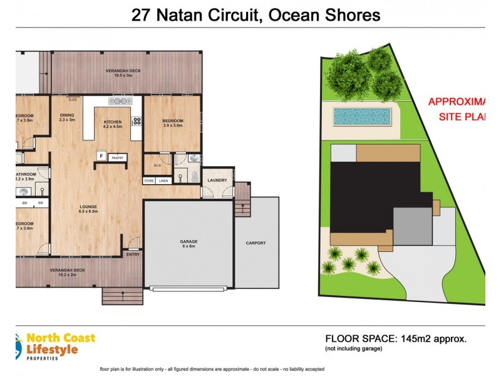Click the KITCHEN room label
click(x=112, y=121)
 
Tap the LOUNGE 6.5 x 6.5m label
click(x=87, y=209)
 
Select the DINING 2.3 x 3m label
click(x=67, y=117)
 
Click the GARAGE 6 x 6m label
click(x=189, y=244)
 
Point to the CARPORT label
click(x=256, y=243)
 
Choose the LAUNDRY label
click(x=217, y=180)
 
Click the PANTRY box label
click(x=117, y=157)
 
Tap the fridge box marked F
click(x=100, y=155)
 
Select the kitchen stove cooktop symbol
click(x=136, y=121)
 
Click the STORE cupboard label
click(x=149, y=180)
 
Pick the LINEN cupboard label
click(x=163, y=180)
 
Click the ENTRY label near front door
click(x=133, y=254)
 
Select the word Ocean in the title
click(x=295, y=14)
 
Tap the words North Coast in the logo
click(x=61, y=338)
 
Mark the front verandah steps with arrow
click(x=121, y=295)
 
